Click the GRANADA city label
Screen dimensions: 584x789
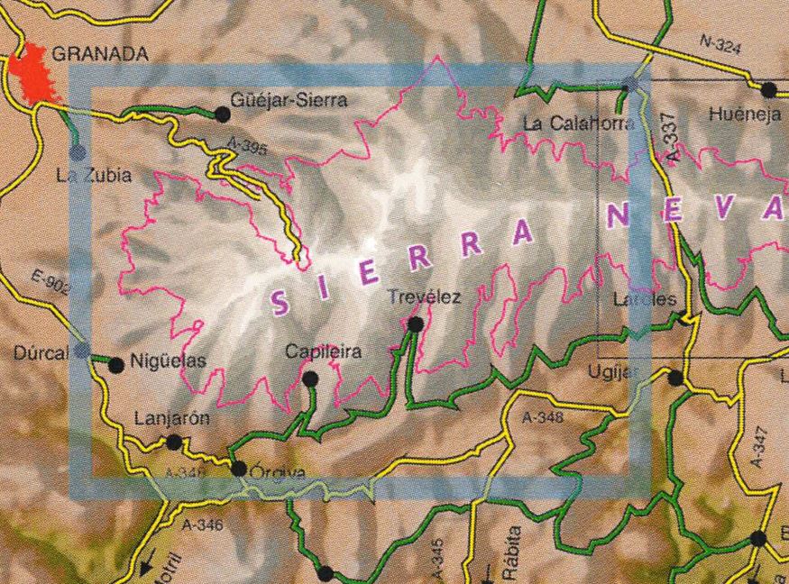click(99, 54)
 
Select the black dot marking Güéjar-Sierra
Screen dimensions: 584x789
click(222, 114)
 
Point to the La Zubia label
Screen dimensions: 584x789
click(93, 176)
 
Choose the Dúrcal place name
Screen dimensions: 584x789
click(40, 353)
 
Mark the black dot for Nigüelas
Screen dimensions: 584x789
click(115, 365)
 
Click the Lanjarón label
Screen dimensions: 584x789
click(171, 419)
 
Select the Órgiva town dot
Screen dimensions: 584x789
click(239, 469)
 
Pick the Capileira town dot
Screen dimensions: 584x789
click(310, 379)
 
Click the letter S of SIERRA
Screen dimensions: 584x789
click(280, 305)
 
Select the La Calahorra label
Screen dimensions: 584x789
click(578, 123)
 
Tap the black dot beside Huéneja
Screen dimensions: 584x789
click(768, 89)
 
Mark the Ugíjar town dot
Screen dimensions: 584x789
click(674, 379)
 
